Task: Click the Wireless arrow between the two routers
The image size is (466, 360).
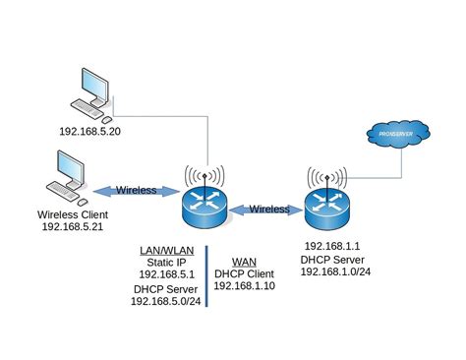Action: click(267, 209)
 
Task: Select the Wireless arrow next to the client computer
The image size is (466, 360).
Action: click(135, 189)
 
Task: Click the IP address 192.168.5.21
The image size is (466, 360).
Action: click(73, 226)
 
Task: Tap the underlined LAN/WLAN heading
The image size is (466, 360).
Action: click(167, 251)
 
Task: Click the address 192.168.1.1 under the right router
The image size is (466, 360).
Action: click(333, 245)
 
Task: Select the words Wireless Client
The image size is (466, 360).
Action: click(72, 213)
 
